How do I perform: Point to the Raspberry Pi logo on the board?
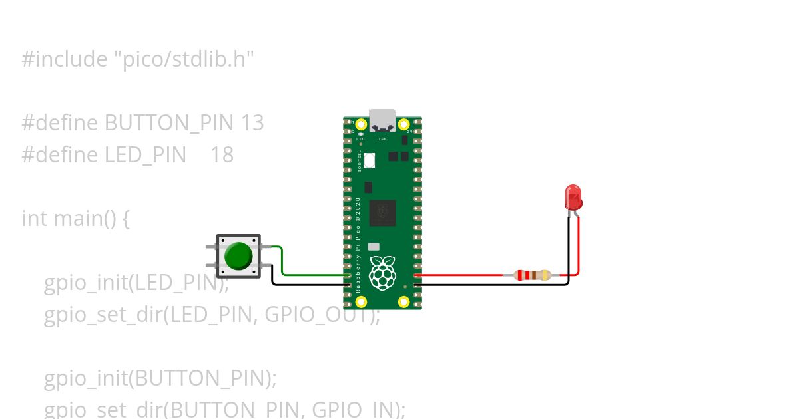point(382,273)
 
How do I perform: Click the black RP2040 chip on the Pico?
point(382,213)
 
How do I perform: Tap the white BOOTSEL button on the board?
point(370,160)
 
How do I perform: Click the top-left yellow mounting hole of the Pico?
point(361,124)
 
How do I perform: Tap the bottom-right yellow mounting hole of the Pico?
point(404,302)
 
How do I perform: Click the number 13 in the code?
point(252,123)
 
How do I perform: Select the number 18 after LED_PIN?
point(222,155)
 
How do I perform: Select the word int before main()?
point(34,218)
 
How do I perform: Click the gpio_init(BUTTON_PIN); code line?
point(160,378)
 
